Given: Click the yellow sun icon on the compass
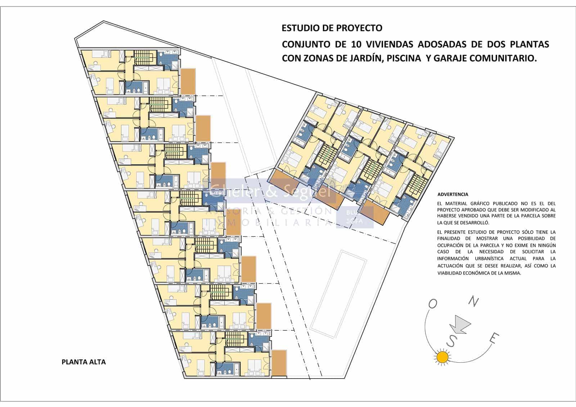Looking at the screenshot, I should tap(442, 357).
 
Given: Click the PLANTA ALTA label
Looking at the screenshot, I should tap(84, 362).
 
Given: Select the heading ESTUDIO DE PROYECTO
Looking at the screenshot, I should tap(332, 28).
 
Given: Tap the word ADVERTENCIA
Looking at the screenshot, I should tap(453, 194).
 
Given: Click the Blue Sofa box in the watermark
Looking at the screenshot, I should tap(355, 217).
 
